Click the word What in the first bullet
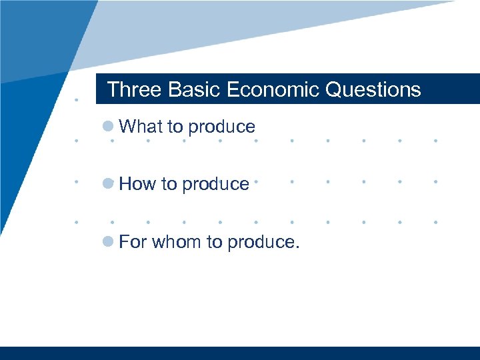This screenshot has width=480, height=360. tap(136, 127)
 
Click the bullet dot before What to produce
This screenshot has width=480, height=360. tap(108, 127)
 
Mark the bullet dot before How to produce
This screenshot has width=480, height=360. tap(108, 184)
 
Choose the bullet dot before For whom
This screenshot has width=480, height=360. tap(108, 241)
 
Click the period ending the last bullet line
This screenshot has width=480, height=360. tap(297, 247)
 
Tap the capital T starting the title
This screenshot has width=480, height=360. tap(113, 89)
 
